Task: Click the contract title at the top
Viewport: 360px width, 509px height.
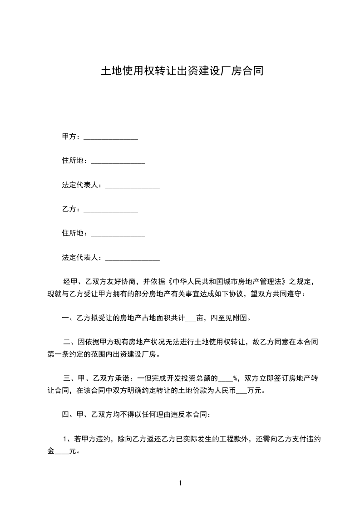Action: pos(182,71)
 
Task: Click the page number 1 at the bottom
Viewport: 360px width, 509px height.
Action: pos(180,483)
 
